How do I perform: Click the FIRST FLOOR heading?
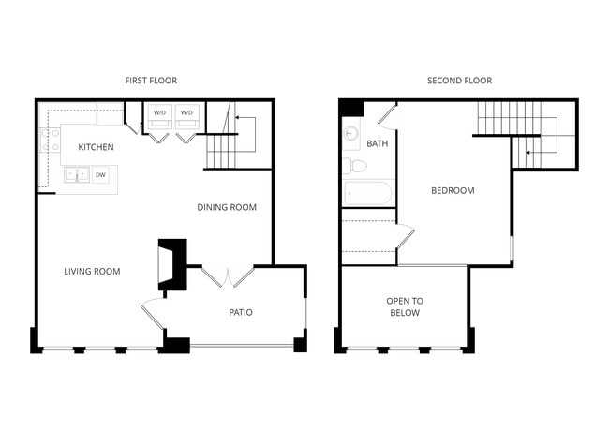pos(151,81)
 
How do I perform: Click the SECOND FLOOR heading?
pos(459,81)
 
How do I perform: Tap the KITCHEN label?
pos(96,147)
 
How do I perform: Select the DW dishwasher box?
pos(100,175)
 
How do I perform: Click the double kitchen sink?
pos(77,174)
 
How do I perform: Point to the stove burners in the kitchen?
pos(50,141)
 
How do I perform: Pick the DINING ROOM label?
pos(227,207)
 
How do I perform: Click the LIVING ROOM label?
pos(92,272)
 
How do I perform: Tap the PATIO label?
pos(241,312)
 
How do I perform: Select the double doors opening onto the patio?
pos(228,276)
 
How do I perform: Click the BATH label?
pos(378,143)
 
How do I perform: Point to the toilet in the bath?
pos(354,166)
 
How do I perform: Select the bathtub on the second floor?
pos(368,193)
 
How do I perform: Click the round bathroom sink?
pos(350,134)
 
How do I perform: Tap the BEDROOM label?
pos(453,190)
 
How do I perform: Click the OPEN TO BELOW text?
pos(405,306)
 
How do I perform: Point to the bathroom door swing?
pos(387,116)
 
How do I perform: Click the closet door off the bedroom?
pos(405,236)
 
